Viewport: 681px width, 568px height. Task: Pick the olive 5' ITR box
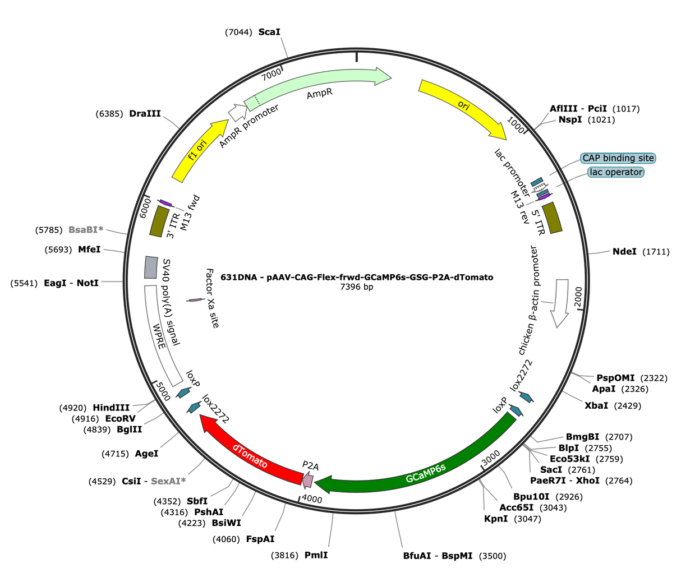(x=552, y=218)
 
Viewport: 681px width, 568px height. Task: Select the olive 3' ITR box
(x=159, y=221)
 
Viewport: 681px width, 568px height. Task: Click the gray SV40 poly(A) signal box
(x=151, y=267)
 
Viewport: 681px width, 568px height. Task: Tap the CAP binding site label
(x=618, y=158)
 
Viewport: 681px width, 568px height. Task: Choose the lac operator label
(x=616, y=172)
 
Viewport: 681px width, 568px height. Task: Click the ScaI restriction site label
(x=269, y=32)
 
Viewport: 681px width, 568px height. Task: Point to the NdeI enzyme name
(x=624, y=251)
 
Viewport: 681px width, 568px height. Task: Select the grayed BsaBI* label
(x=86, y=229)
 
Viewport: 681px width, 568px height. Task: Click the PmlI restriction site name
(x=316, y=555)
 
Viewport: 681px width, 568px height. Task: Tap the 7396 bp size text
(x=356, y=287)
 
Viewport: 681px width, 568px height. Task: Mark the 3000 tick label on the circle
(x=490, y=458)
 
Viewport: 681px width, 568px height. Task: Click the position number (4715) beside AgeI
(x=115, y=454)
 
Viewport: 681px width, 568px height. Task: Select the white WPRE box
(x=163, y=336)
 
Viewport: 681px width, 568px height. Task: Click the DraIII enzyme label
(x=145, y=113)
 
